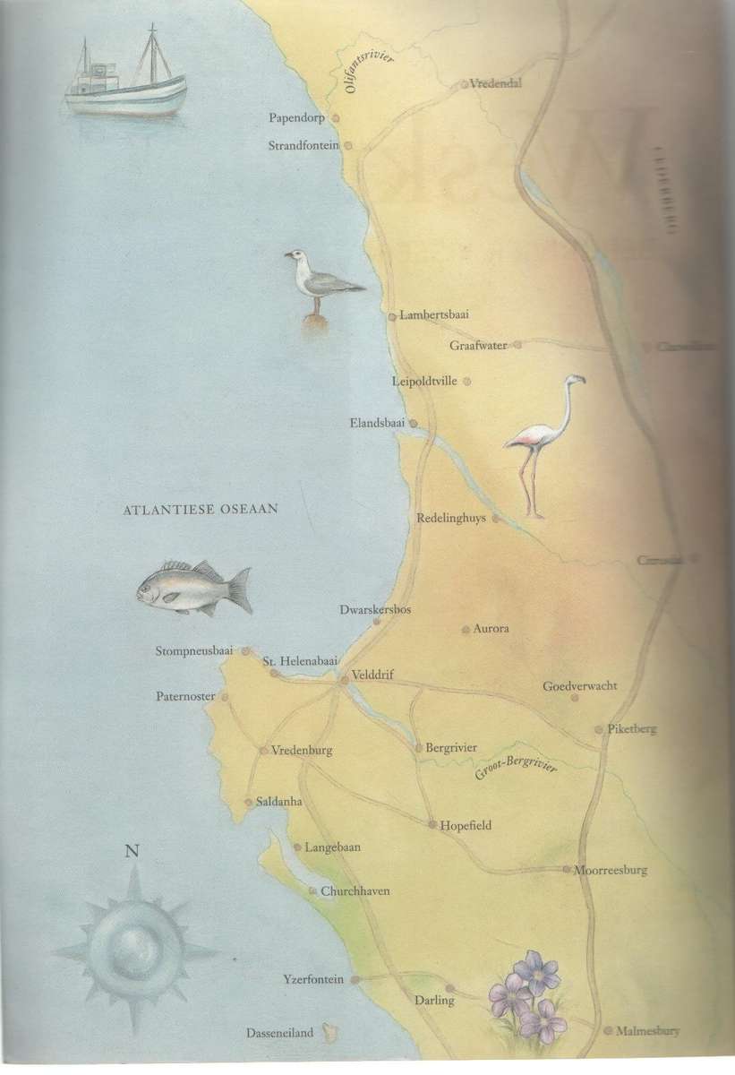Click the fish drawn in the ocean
click(x=192, y=589)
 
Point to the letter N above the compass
click(x=132, y=851)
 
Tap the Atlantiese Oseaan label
click(x=201, y=509)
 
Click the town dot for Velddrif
click(x=345, y=681)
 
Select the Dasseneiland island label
click(x=280, y=1033)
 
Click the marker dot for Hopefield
click(x=432, y=825)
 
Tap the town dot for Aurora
click(x=466, y=630)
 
